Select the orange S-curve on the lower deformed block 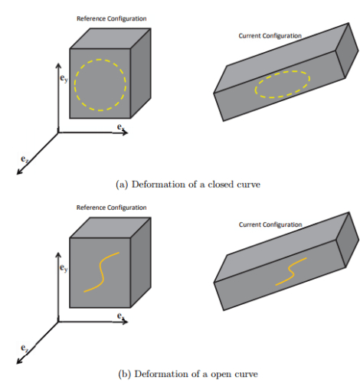291,272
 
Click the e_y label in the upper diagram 64,78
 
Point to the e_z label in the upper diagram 25,159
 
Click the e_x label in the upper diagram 121,126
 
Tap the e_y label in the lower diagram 64,267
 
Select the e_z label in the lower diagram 25,348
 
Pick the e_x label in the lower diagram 121,316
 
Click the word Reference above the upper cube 91,18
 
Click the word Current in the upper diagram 250,36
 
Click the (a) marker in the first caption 122,185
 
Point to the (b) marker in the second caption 124,374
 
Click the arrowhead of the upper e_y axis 58,65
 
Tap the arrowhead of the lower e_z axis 19,361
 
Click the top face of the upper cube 110,38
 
